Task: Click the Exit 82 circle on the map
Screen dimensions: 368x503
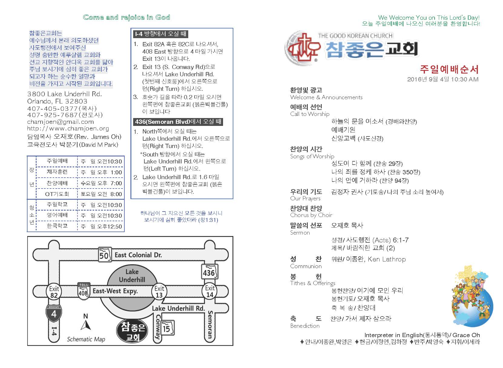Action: (54, 292)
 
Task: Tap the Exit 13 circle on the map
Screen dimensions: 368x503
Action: (159, 292)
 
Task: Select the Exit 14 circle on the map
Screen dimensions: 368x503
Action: (210, 291)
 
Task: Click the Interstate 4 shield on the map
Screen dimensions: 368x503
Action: (54, 313)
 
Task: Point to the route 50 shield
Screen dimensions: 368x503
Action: (104, 255)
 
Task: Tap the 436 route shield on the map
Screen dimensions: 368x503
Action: (209, 272)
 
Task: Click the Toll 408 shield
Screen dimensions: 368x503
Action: (83, 291)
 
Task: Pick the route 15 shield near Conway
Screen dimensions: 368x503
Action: (167, 328)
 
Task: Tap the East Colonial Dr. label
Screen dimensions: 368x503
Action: (138, 255)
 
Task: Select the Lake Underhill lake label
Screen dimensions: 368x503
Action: (132, 276)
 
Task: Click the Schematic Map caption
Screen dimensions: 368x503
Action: (86, 339)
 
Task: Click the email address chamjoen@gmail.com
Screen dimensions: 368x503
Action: (61, 122)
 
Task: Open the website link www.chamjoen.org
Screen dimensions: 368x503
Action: (68, 129)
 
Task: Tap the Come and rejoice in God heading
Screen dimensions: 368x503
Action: (127, 17)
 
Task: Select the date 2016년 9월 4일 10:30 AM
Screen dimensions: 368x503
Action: (442, 79)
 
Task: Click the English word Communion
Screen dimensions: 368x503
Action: (306, 266)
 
